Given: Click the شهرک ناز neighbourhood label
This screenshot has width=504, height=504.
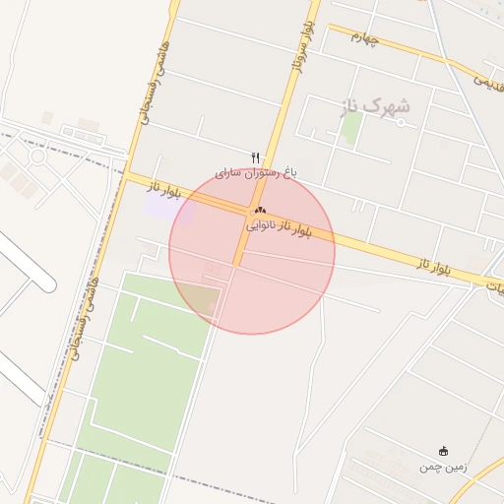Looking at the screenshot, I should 375,105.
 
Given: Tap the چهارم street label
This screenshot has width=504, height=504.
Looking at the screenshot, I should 364,36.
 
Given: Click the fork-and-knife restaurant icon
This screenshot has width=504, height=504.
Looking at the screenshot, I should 256,157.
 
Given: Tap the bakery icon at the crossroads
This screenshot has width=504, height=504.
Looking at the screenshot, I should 260,210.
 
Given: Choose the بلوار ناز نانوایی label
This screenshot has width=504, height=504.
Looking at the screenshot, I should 278,226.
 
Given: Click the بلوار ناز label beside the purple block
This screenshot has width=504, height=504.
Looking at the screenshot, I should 165,189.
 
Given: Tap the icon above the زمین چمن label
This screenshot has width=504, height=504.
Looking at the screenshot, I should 442,451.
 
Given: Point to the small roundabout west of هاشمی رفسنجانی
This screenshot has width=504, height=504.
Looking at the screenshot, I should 37,156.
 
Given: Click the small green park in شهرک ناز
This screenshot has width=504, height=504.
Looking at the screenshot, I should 351,128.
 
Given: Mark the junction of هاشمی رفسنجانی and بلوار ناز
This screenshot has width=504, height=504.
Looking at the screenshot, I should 127,175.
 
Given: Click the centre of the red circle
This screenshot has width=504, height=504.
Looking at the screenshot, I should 252,251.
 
